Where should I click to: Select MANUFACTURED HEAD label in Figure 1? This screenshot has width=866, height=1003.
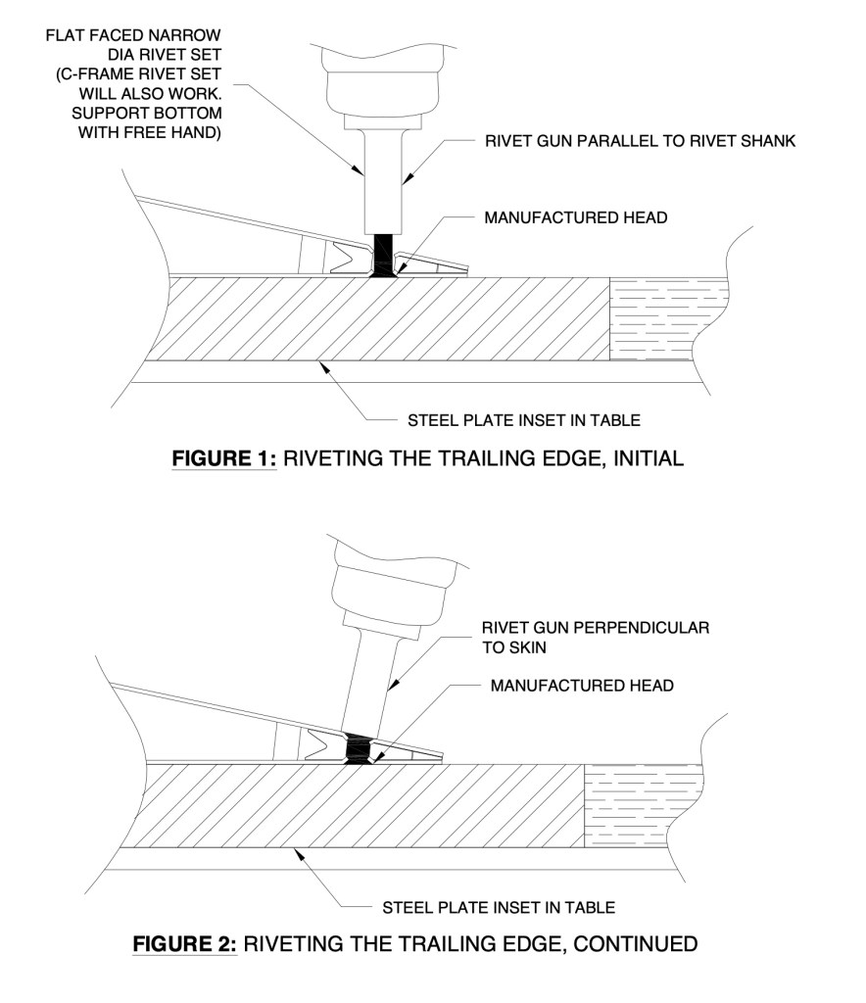pos(575,217)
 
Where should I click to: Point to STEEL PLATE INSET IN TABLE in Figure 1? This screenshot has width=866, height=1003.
pos(523,421)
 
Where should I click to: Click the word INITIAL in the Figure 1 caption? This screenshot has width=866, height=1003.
pos(646,458)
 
